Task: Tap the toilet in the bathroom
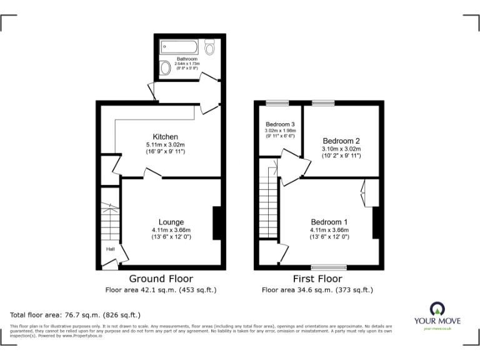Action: click(210, 46)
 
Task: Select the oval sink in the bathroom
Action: click(165, 67)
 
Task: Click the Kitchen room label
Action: click(166, 137)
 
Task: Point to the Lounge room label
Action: click(171, 222)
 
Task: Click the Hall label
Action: click(110, 249)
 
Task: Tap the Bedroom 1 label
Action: click(329, 222)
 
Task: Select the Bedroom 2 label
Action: click(341, 141)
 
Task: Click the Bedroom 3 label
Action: click(280, 124)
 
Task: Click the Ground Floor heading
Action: click(161, 279)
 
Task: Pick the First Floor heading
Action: click(317, 279)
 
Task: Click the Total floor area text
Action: click(76, 314)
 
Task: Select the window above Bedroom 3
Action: click(277, 102)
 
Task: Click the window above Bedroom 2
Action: click(323, 102)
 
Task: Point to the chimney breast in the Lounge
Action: click(217, 223)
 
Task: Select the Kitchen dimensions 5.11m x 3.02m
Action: click(166, 145)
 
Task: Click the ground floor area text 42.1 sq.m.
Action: click(161, 290)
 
